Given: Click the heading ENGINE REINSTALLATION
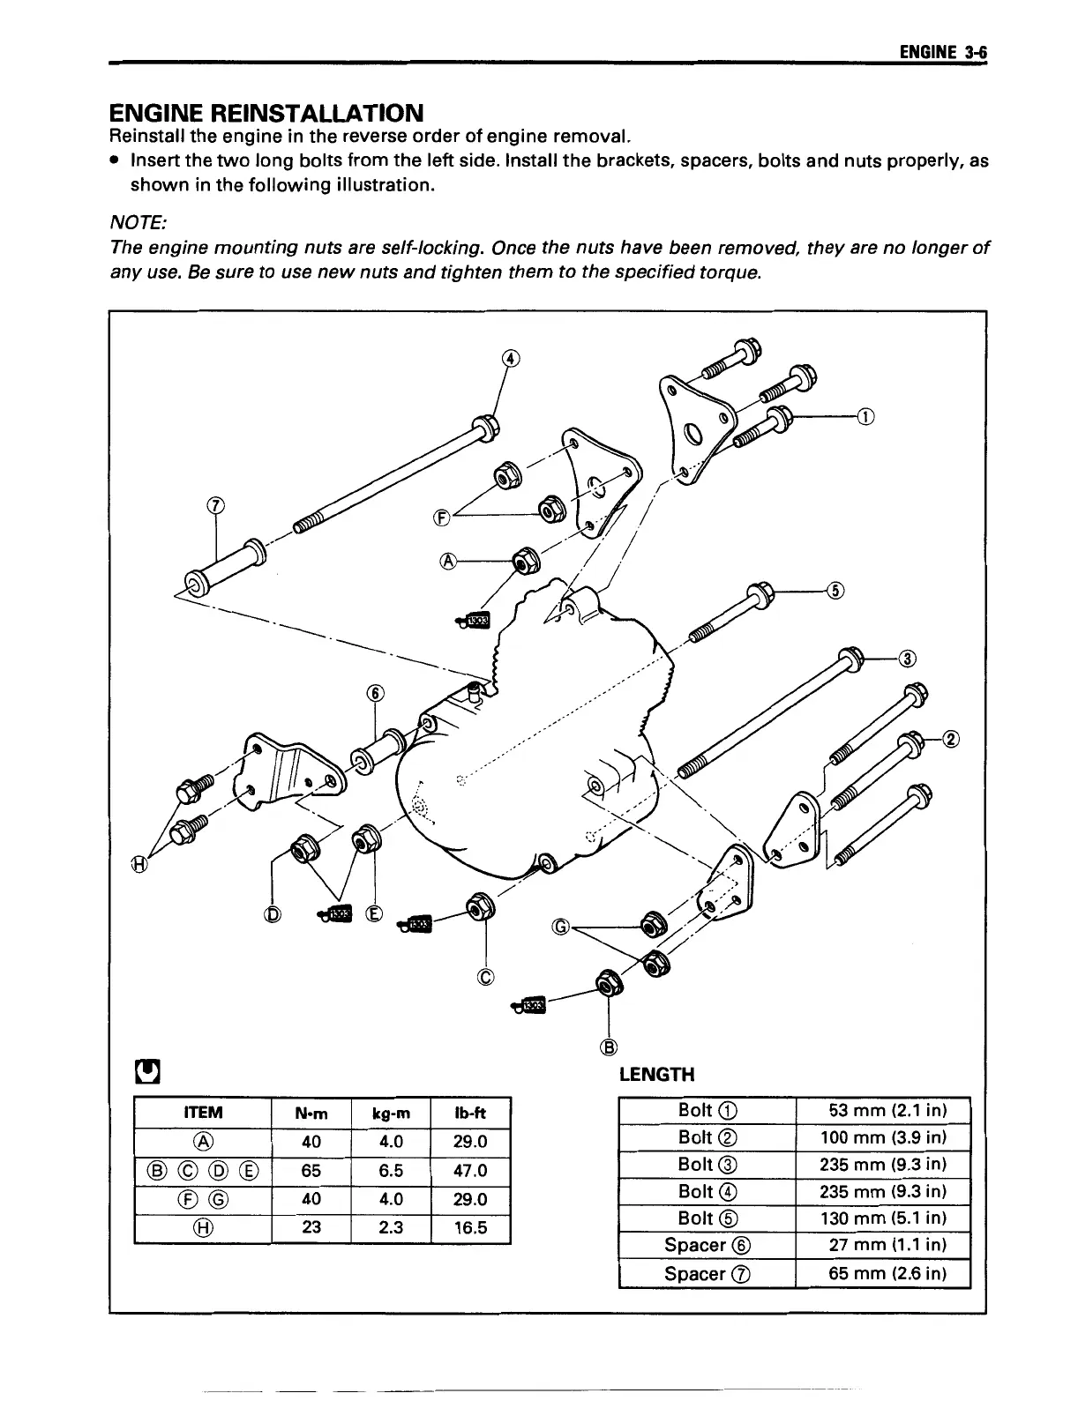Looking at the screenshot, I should tap(266, 113).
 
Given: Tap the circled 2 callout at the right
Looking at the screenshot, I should tap(950, 739).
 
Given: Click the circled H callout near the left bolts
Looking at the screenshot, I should tap(139, 865).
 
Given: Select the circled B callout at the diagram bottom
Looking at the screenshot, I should tap(608, 1047).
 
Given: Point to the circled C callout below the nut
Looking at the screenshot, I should tap(486, 977).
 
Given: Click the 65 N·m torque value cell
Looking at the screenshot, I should tap(311, 1171).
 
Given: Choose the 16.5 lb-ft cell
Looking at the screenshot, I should tap(470, 1227).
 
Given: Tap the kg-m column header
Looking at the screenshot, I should tap(390, 1113).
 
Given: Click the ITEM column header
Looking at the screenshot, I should tap(202, 1113).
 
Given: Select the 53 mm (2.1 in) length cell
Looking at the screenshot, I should tap(882, 1110).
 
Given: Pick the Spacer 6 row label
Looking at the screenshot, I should tap(707, 1245).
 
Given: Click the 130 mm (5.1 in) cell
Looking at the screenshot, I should tap(882, 1218).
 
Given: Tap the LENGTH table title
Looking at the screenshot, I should tap(657, 1074).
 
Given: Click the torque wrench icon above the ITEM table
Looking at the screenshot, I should tap(146, 1071).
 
